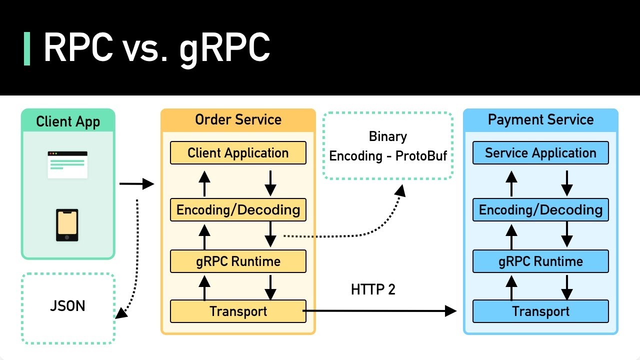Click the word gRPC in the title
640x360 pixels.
click(224, 48)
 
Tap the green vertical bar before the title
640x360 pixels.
click(27, 48)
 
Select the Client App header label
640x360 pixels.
click(68, 121)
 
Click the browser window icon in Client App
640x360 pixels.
click(67, 164)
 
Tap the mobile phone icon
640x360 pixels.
click(67, 225)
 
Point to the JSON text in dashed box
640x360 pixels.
click(67, 306)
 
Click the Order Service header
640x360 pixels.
click(238, 120)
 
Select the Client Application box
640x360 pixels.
click(238, 153)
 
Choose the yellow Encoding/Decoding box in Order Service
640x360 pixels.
click(238, 209)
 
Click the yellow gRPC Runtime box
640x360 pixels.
click(238, 261)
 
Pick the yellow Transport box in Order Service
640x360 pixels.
click(238, 311)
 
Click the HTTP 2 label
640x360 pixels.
click(373, 289)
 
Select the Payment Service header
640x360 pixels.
click(540, 120)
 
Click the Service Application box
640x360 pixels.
click(540, 153)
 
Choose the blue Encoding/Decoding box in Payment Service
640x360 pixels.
click(540, 209)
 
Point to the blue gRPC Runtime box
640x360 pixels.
click(540, 261)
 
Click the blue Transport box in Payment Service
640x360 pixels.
click(540, 311)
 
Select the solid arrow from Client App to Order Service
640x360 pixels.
click(136, 184)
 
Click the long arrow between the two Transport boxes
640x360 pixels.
click(380, 311)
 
